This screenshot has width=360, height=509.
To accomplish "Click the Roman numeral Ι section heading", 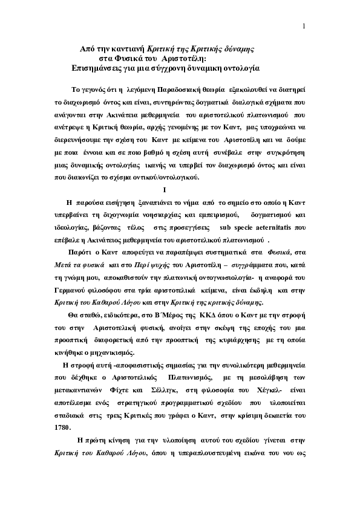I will tap(182, 191).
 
